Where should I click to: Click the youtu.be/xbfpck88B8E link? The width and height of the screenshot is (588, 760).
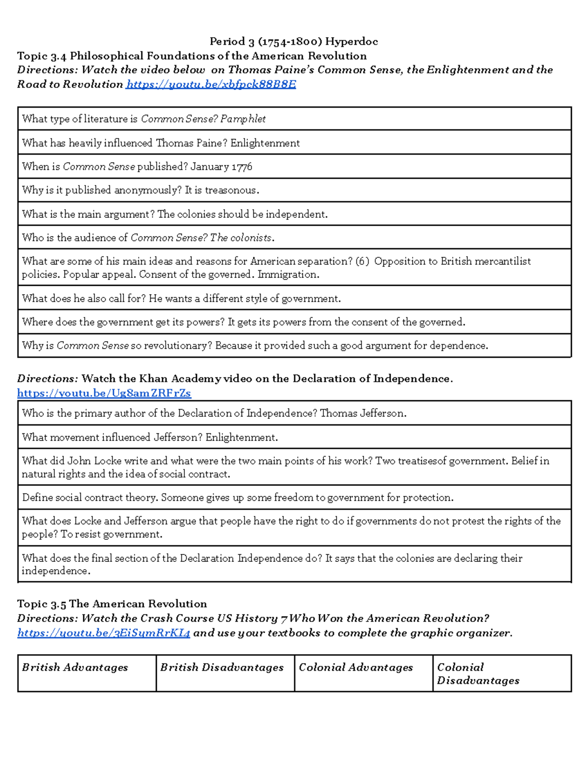pyautogui.click(x=211, y=84)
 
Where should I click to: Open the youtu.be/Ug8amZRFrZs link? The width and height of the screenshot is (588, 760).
pyautogui.click(x=104, y=393)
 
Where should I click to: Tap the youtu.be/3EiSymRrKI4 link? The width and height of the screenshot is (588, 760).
pyautogui.click(x=103, y=633)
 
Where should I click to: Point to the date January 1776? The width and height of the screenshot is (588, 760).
pyautogui.click(x=221, y=167)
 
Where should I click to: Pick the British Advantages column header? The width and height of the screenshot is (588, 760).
pyautogui.click(x=75, y=668)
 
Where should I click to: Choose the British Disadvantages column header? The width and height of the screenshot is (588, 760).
pyautogui.click(x=222, y=668)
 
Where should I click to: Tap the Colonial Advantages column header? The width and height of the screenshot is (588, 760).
pyautogui.click(x=356, y=668)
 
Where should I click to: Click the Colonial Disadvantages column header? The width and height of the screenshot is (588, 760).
pyautogui.click(x=478, y=674)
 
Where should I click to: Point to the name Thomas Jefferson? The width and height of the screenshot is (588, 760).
pyautogui.click(x=363, y=414)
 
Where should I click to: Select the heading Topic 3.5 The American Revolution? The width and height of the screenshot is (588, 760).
pyautogui.click(x=112, y=604)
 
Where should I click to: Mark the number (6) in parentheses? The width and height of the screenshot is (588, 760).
pyautogui.click(x=363, y=261)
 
